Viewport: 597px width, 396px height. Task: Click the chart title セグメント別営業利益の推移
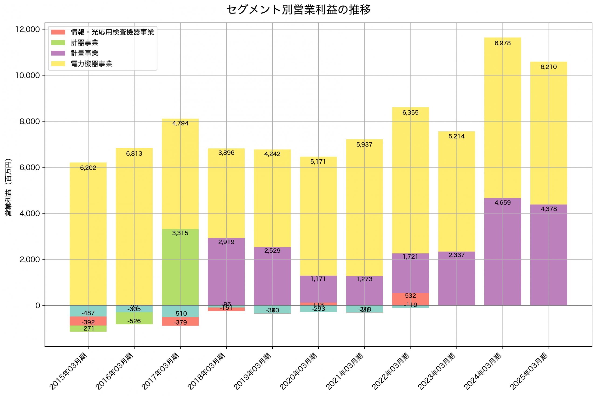pos(298,10)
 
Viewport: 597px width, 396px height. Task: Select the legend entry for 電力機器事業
pos(91,64)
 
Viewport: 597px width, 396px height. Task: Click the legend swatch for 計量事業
pos(58,53)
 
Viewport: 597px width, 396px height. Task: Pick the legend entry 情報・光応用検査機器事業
pos(112,32)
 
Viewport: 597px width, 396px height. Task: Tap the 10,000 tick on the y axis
pos(28,75)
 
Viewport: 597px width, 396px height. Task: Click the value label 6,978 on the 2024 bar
pos(502,43)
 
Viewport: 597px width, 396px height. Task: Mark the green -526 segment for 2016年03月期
pos(134,319)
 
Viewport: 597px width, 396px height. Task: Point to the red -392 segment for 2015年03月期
pos(88,321)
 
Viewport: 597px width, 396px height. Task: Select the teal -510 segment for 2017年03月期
pos(180,311)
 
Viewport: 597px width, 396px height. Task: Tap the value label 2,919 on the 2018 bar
pos(226,242)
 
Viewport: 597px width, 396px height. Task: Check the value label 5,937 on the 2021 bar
pos(364,144)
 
